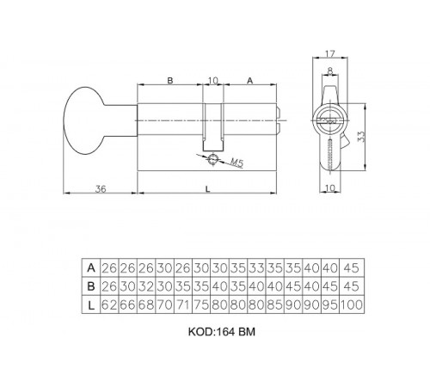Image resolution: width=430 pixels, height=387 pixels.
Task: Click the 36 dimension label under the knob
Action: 101,189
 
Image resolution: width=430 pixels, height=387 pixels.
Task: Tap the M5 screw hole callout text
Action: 237,163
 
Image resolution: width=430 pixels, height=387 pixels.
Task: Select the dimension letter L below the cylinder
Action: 208,189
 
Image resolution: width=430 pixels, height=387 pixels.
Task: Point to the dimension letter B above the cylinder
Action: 170,80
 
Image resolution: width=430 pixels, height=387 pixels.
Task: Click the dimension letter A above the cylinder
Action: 250,81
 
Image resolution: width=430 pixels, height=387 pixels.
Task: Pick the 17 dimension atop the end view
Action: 330,53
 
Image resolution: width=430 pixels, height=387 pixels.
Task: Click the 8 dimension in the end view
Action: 330,71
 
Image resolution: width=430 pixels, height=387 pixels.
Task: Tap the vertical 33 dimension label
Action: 361,137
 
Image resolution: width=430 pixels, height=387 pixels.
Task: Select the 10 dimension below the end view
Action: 330,188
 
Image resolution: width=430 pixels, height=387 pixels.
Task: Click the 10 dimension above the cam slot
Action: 213,81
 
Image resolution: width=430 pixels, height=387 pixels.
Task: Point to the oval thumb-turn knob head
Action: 83,120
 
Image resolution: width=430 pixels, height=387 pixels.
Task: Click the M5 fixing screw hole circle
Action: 213,159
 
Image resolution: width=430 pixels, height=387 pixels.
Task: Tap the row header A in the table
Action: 91,267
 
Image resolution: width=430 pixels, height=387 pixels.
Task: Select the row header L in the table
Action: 91,304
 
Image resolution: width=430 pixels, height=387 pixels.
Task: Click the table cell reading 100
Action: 352,304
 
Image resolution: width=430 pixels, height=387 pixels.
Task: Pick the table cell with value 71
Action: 183,304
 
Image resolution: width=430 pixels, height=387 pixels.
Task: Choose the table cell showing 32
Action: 146,286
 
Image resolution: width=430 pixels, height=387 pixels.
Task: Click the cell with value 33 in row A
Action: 257,267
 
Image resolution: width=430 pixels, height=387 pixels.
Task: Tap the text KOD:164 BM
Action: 222,332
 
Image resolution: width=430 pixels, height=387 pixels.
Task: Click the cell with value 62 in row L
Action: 109,304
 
